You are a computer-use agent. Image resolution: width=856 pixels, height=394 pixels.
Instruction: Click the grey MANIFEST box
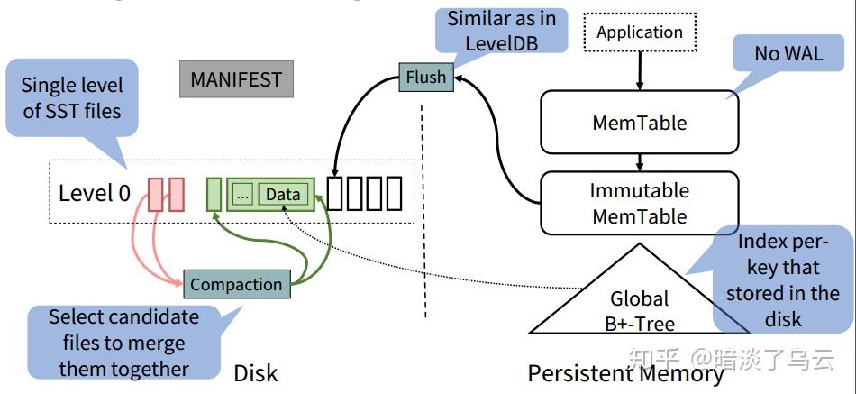(235, 79)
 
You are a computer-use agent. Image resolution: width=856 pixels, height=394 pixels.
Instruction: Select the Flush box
(425, 78)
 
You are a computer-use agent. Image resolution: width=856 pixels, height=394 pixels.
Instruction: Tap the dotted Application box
(640, 32)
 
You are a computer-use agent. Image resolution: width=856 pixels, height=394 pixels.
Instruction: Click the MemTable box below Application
(639, 123)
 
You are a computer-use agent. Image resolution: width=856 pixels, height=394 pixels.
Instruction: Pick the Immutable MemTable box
(639, 204)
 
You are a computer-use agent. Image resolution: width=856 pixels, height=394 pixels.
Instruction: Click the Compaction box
(236, 285)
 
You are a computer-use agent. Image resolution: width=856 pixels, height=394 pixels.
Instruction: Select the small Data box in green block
(282, 194)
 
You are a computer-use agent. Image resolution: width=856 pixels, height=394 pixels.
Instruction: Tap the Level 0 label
(95, 192)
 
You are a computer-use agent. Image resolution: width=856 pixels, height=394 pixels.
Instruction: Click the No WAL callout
(788, 54)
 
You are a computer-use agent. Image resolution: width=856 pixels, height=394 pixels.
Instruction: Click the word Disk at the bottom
(255, 373)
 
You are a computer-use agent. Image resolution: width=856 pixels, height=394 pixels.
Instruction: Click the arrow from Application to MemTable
(640, 70)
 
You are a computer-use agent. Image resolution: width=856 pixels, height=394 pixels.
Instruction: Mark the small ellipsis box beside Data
(241, 195)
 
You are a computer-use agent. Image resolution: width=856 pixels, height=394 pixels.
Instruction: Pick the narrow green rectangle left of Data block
(214, 194)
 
